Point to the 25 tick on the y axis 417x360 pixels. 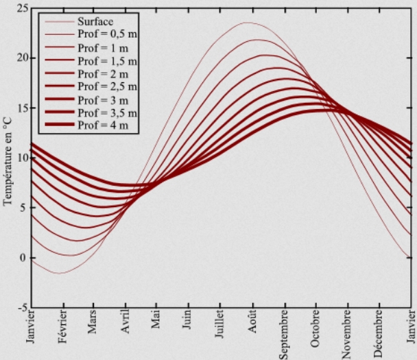pyautogui.click(x=23, y=8)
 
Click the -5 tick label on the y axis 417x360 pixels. pyautogui.click(x=23, y=308)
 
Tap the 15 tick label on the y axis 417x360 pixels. pyautogui.click(x=23, y=108)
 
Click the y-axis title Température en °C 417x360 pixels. pyautogui.click(x=8, y=160)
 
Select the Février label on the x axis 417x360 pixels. pyautogui.click(x=62, y=332)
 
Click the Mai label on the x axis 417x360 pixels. pyautogui.click(x=156, y=324)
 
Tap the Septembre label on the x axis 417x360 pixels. pyautogui.click(x=284, y=336)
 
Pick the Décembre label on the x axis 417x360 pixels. pyautogui.click(x=379, y=335)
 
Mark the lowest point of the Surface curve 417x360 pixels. pyautogui.click(x=60, y=274)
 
